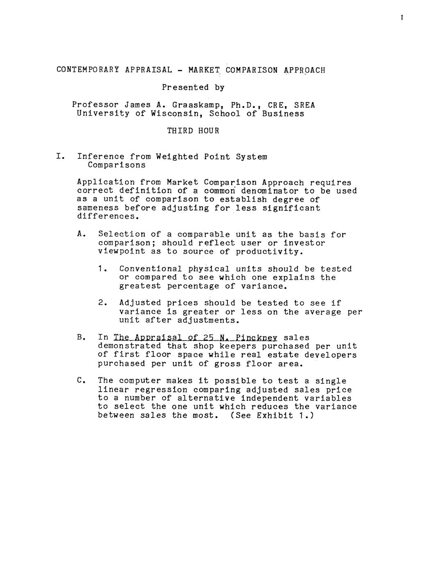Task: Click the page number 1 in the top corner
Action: pos(402,18)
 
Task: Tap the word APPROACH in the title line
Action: pos(304,70)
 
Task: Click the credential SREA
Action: pos(305,105)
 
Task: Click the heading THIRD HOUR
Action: pos(193,131)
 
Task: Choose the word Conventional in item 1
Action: pos(151,269)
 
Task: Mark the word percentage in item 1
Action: pos(193,286)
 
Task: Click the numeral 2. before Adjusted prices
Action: pos(102,303)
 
